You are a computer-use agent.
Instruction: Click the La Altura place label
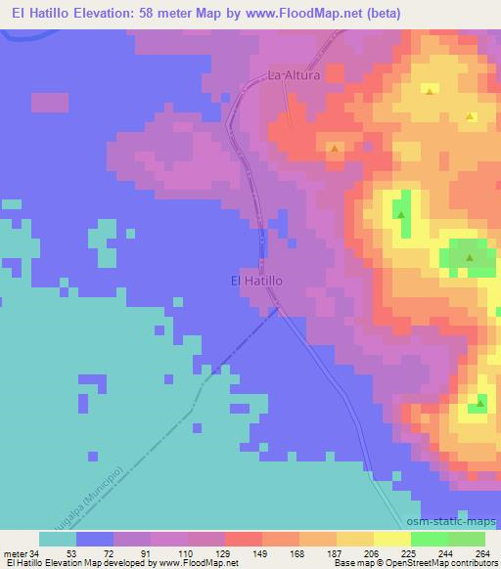coord(295,74)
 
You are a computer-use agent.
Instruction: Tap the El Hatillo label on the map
coord(256,280)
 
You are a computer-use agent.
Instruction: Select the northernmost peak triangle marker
coord(430,91)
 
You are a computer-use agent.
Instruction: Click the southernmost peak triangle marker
coord(480,402)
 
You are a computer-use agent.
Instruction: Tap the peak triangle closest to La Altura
coord(336,149)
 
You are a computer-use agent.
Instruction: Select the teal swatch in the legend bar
coord(58,539)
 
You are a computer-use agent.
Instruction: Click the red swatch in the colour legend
coord(244,539)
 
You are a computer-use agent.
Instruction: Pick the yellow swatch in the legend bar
coord(392,539)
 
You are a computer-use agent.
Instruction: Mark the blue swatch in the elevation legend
coord(95,539)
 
